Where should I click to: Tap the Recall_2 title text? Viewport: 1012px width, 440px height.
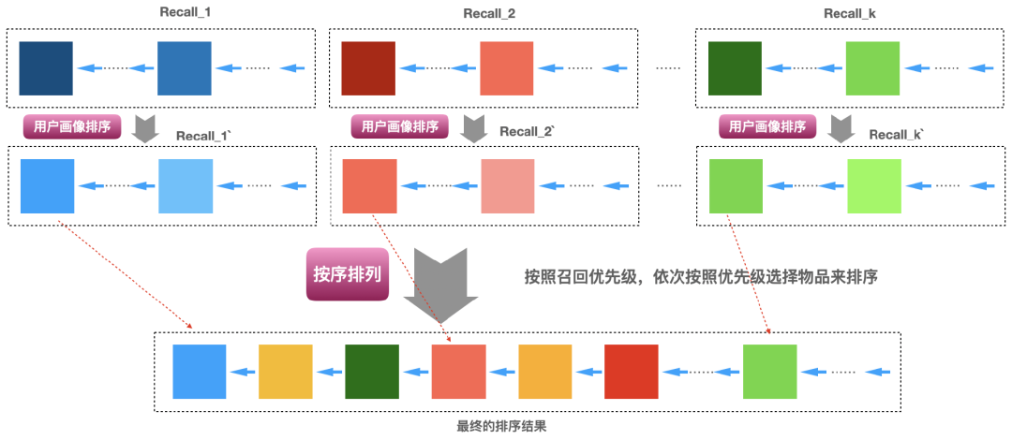pos(489,13)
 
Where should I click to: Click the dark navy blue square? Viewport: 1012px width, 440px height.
pos(46,67)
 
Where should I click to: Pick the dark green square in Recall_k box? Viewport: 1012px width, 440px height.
pos(735,67)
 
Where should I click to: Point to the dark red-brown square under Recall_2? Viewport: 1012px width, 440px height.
pos(367,67)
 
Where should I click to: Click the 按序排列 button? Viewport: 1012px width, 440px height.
pos(347,274)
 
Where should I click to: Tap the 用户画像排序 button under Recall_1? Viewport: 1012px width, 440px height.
pos(71,126)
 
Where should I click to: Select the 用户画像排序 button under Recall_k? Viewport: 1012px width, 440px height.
pos(766,126)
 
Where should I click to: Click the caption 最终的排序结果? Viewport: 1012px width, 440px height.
pos(501,427)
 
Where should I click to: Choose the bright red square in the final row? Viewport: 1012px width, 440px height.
pos(632,372)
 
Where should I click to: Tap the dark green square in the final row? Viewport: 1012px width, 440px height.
pos(372,372)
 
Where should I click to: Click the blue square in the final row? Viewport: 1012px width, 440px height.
pos(200,372)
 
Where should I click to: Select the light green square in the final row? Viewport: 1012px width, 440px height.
pos(769,372)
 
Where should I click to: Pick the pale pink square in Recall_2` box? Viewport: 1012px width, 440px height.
pos(508,185)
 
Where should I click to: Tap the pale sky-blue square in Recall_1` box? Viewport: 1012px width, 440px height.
pos(186,185)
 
